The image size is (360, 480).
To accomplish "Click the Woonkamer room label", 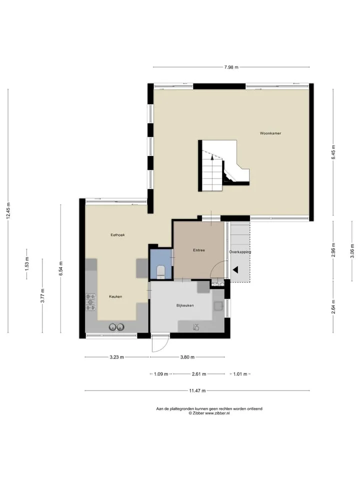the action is tap(270, 133).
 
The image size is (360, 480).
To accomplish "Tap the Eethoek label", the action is tap(117, 235).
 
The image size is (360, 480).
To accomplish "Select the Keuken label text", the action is tap(115, 296).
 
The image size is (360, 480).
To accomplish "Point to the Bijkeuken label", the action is tap(185, 305).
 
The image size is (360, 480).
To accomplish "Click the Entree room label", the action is tap(198, 250).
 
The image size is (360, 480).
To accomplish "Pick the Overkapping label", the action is tap(240, 252).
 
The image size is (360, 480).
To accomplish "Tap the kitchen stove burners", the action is tap(90, 302).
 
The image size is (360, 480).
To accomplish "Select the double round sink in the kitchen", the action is tap(116, 327).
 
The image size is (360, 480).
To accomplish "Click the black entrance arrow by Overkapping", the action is tap(235, 269).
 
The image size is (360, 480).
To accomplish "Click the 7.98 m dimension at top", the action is tap(231, 67).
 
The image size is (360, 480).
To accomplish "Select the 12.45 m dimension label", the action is tap(8, 210).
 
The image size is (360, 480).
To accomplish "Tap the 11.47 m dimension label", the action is tap(197, 390).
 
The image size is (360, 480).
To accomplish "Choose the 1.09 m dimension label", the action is tap(161, 374).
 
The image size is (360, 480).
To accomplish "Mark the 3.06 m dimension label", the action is tap(352, 251).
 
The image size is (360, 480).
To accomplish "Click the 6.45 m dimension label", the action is tap(333, 152).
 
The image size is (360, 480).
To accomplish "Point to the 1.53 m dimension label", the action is tap(27, 264).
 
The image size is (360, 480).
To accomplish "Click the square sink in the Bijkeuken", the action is tap(218, 306).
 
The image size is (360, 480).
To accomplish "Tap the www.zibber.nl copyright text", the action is tap(209, 413).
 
